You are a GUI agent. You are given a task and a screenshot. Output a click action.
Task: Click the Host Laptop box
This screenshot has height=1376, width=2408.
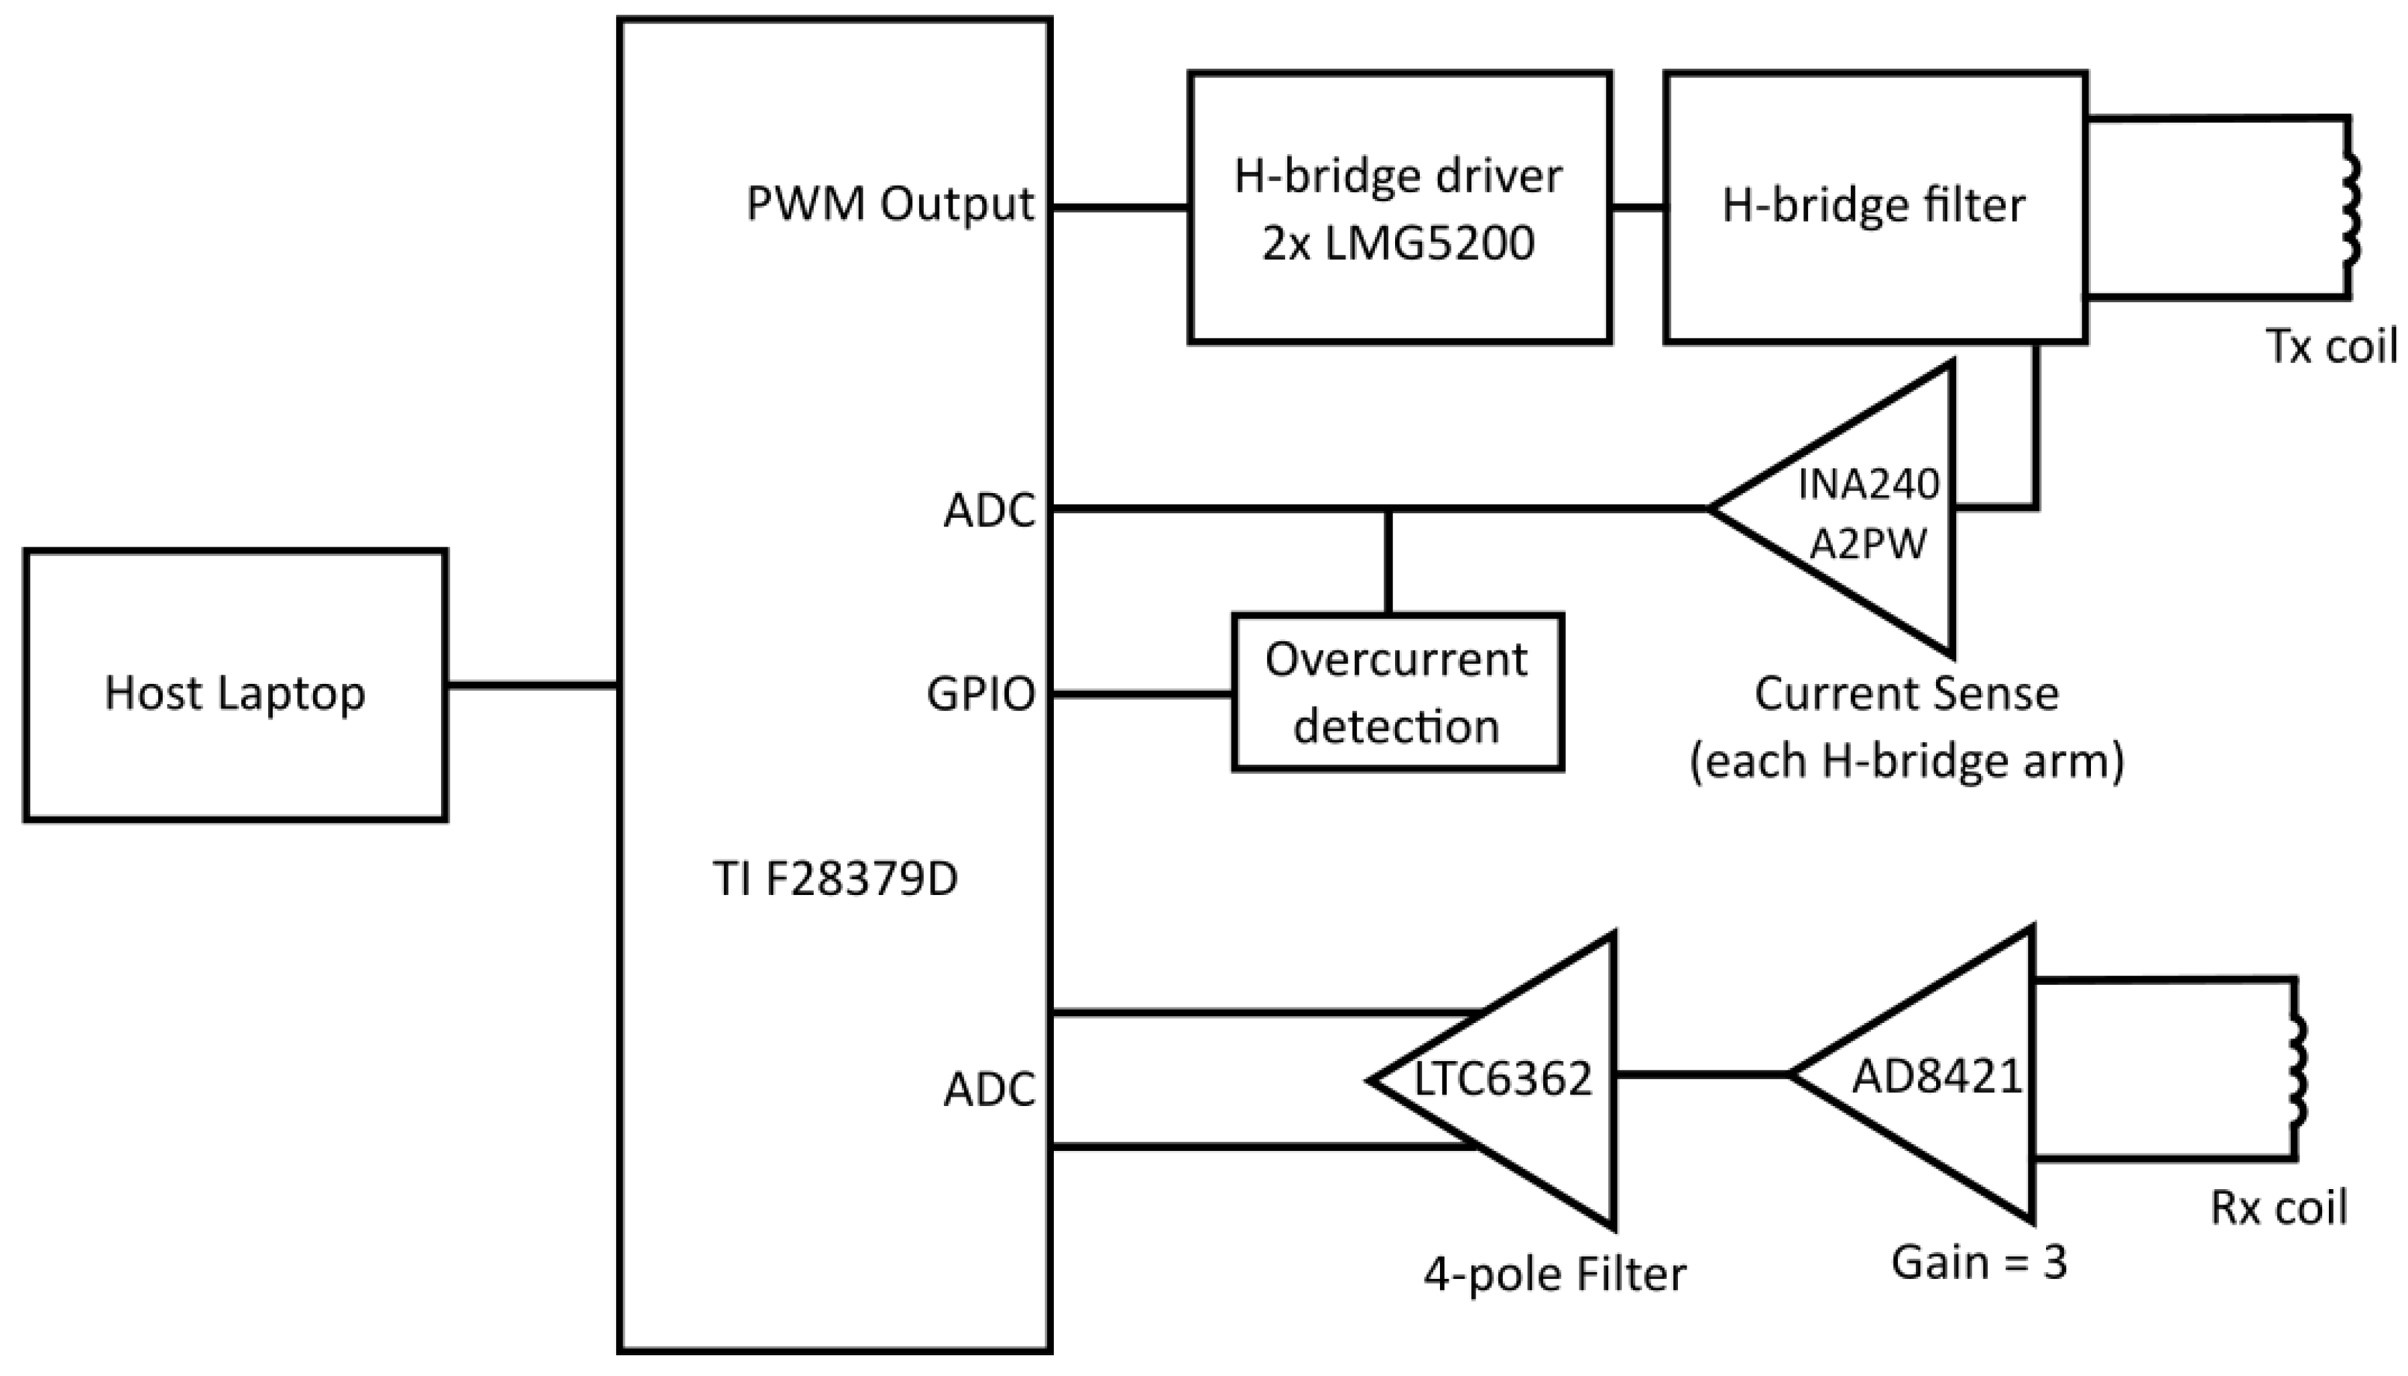tap(235, 685)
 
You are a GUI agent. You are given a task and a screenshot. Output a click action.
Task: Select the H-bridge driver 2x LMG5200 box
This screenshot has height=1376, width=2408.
tap(1399, 207)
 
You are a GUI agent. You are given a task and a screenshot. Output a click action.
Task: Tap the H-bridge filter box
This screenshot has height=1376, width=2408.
tap(1875, 207)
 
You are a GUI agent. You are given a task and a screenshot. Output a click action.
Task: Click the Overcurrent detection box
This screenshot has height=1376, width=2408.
tap(1397, 693)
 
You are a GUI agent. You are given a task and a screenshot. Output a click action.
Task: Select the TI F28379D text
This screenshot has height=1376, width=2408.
tap(835, 880)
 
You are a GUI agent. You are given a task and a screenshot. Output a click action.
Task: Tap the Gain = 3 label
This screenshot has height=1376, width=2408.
tap(1979, 1261)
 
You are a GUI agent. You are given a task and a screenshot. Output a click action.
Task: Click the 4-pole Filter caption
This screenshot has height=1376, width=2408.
tap(1555, 1274)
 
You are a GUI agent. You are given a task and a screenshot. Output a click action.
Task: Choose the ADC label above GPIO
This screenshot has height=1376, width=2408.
tap(989, 511)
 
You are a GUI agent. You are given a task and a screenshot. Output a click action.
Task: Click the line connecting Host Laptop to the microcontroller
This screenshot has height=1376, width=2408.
tap(532, 685)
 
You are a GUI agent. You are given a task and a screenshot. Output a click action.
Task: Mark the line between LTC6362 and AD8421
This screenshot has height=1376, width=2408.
tap(1702, 1075)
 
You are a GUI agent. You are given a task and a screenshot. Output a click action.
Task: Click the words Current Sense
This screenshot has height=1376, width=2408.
tap(1906, 695)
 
